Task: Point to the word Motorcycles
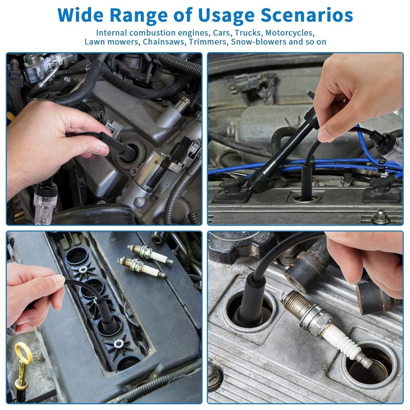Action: pos(292,33)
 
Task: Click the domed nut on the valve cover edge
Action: pos(380,217)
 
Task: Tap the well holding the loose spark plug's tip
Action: pos(367,365)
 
